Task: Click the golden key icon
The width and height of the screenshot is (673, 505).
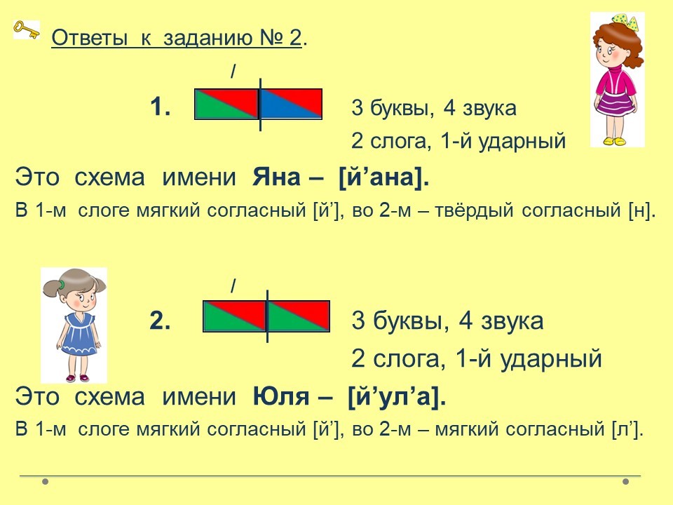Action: pyautogui.click(x=27, y=29)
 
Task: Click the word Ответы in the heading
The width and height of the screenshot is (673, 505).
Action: pyautogui.click(x=90, y=38)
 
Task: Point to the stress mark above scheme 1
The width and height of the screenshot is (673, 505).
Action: pyautogui.click(x=233, y=72)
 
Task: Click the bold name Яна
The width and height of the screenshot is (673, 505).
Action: pyautogui.click(x=276, y=177)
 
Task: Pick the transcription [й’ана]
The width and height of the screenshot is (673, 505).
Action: pyautogui.click(x=383, y=177)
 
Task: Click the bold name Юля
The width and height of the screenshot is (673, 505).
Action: pyautogui.click(x=280, y=396)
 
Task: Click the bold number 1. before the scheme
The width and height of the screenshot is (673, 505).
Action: pyautogui.click(x=160, y=107)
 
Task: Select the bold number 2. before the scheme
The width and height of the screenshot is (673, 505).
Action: pyautogui.click(x=160, y=321)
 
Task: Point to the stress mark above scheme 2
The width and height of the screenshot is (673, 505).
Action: pyautogui.click(x=233, y=285)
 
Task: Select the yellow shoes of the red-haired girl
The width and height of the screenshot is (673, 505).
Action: pyautogui.click(x=615, y=141)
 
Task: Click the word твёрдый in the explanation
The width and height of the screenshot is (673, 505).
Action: pyautogui.click(x=475, y=210)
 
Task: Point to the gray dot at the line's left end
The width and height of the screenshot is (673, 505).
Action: pyautogui.click(x=45, y=481)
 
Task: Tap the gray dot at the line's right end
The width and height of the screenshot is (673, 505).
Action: pyautogui.click(x=625, y=481)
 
